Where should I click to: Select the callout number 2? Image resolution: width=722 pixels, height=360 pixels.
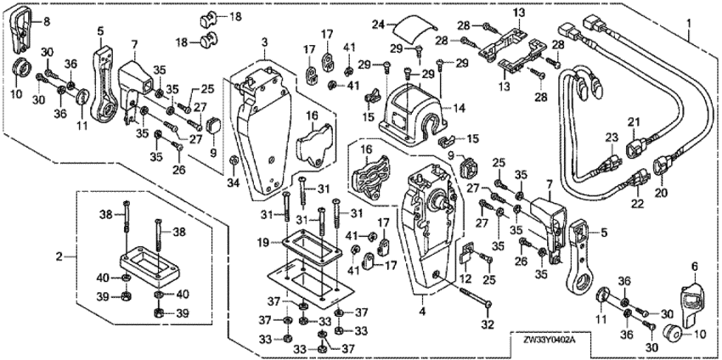pyautogui.click(x=58, y=256)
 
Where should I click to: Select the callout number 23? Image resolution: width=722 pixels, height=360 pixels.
pyautogui.click(x=609, y=138)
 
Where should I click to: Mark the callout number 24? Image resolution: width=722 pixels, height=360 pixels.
pyautogui.click(x=379, y=25)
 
